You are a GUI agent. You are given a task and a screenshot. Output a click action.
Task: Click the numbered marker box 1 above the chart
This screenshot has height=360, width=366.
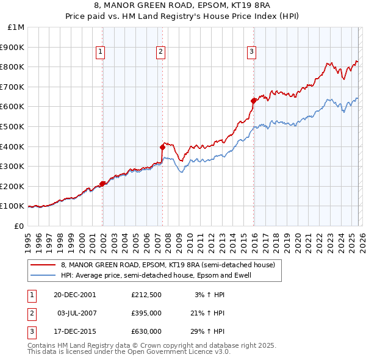pos(100,52)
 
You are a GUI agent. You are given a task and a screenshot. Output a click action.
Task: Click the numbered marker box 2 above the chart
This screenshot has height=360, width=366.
pos(160,52)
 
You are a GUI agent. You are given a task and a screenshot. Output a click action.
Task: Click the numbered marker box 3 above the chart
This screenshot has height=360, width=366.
pos(251,52)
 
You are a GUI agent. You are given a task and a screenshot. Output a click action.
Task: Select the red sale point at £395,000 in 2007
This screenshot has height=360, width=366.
pos(162,147)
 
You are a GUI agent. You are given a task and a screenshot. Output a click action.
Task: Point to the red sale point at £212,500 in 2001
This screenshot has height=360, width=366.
pos(102,184)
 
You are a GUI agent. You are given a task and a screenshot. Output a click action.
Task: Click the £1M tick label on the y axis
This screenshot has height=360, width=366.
pos(16,27)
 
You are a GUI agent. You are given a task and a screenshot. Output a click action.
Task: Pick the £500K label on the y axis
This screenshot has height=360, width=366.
pos(14,126)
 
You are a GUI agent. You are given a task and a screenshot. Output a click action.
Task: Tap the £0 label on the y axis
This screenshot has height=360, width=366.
pos(20,226)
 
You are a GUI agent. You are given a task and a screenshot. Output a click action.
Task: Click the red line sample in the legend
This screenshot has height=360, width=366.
pos(43,265)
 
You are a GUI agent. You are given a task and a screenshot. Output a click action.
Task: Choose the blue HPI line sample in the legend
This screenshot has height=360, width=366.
pos(43,275)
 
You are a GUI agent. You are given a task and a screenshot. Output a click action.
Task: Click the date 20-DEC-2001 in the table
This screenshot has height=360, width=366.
pos(75,295)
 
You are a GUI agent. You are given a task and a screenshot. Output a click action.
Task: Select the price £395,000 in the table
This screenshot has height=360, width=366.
pos(146,313)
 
